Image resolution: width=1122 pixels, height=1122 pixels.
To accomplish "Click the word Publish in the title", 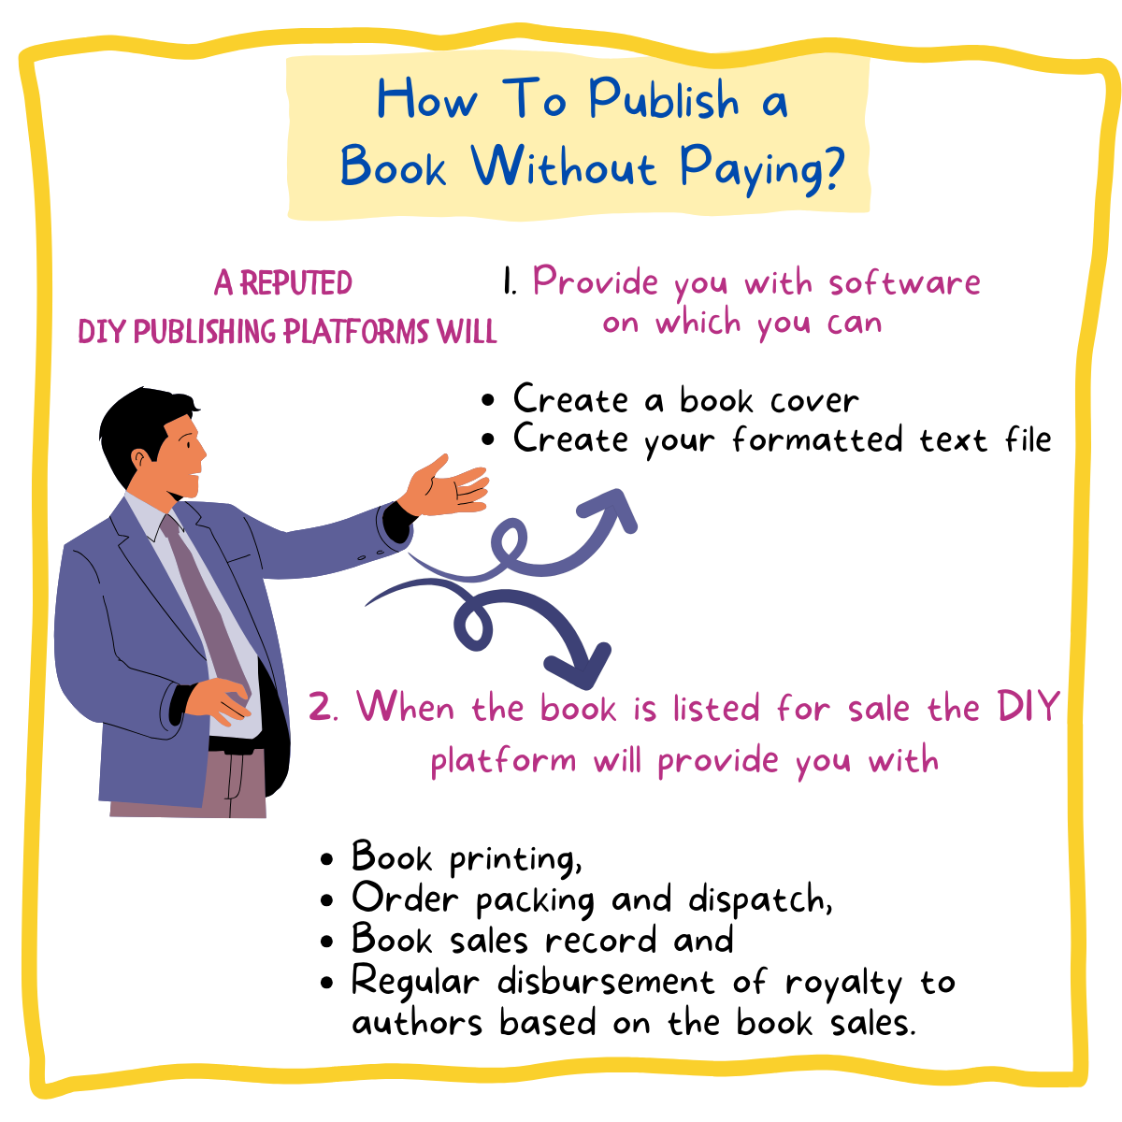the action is pyautogui.click(x=663, y=98).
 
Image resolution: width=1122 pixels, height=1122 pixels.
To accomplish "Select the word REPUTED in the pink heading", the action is pyautogui.click(x=296, y=283).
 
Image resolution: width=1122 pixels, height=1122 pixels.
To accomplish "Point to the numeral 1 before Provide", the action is pyautogui.click(x=510, y=282).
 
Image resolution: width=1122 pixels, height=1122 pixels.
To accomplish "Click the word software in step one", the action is pyautogui.click(x=904, y=282).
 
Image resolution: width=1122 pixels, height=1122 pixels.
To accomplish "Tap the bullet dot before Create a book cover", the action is pyautogui.click(x=488, y=400).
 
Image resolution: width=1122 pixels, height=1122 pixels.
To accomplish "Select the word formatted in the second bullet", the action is pyautogui.click(x=817, y=439).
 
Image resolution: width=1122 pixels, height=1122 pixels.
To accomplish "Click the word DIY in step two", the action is pyautogui.click(x=1028, y=706).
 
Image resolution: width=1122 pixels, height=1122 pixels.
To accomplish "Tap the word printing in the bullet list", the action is pyautogui.click(x=514, y=859).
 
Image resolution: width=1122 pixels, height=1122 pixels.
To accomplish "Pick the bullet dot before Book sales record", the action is pyautogui.click(x=327, y=942).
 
